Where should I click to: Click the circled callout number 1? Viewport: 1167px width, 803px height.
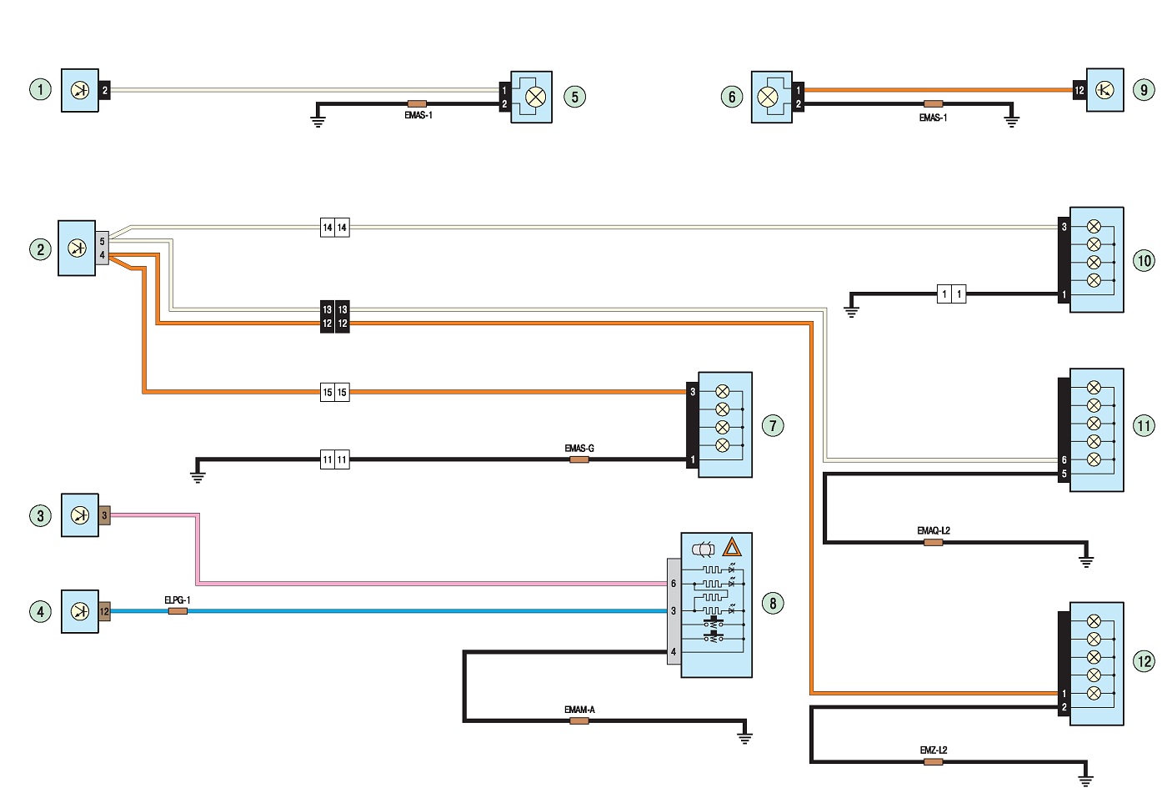click(40, 89)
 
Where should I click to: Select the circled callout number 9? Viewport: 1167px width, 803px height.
click(1144, 89)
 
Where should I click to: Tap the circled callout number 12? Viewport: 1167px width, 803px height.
click(1144, 661)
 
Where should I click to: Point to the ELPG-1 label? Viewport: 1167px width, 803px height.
click(177, 600)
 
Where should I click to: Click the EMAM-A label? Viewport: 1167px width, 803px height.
click(579, 710)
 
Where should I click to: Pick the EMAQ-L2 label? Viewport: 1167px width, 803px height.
click(934, 530)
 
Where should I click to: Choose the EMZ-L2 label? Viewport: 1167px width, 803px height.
click(934, 750)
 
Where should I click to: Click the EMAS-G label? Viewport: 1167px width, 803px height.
click(579, 448)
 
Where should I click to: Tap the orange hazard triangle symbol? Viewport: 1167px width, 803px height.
click(732, 548)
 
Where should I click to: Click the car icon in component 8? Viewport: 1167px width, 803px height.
click(703, 549)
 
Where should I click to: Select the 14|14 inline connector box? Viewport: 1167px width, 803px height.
click(334, 227)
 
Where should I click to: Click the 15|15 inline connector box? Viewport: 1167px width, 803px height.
click(334, 392)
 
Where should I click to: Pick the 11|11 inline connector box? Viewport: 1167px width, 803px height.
click(334, 459)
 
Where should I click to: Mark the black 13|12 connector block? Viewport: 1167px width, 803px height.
click(334, 316)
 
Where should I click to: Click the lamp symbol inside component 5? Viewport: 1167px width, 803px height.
click(535, 97)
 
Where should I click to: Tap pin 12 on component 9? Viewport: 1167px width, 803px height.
click(1079, 90)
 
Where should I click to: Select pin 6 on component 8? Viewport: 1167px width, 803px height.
click(674, 584)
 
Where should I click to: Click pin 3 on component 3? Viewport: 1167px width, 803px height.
click(104, 515)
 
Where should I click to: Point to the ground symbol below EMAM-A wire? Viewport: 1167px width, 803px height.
click(745, 737)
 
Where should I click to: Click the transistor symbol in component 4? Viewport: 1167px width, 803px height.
click(80, 611)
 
